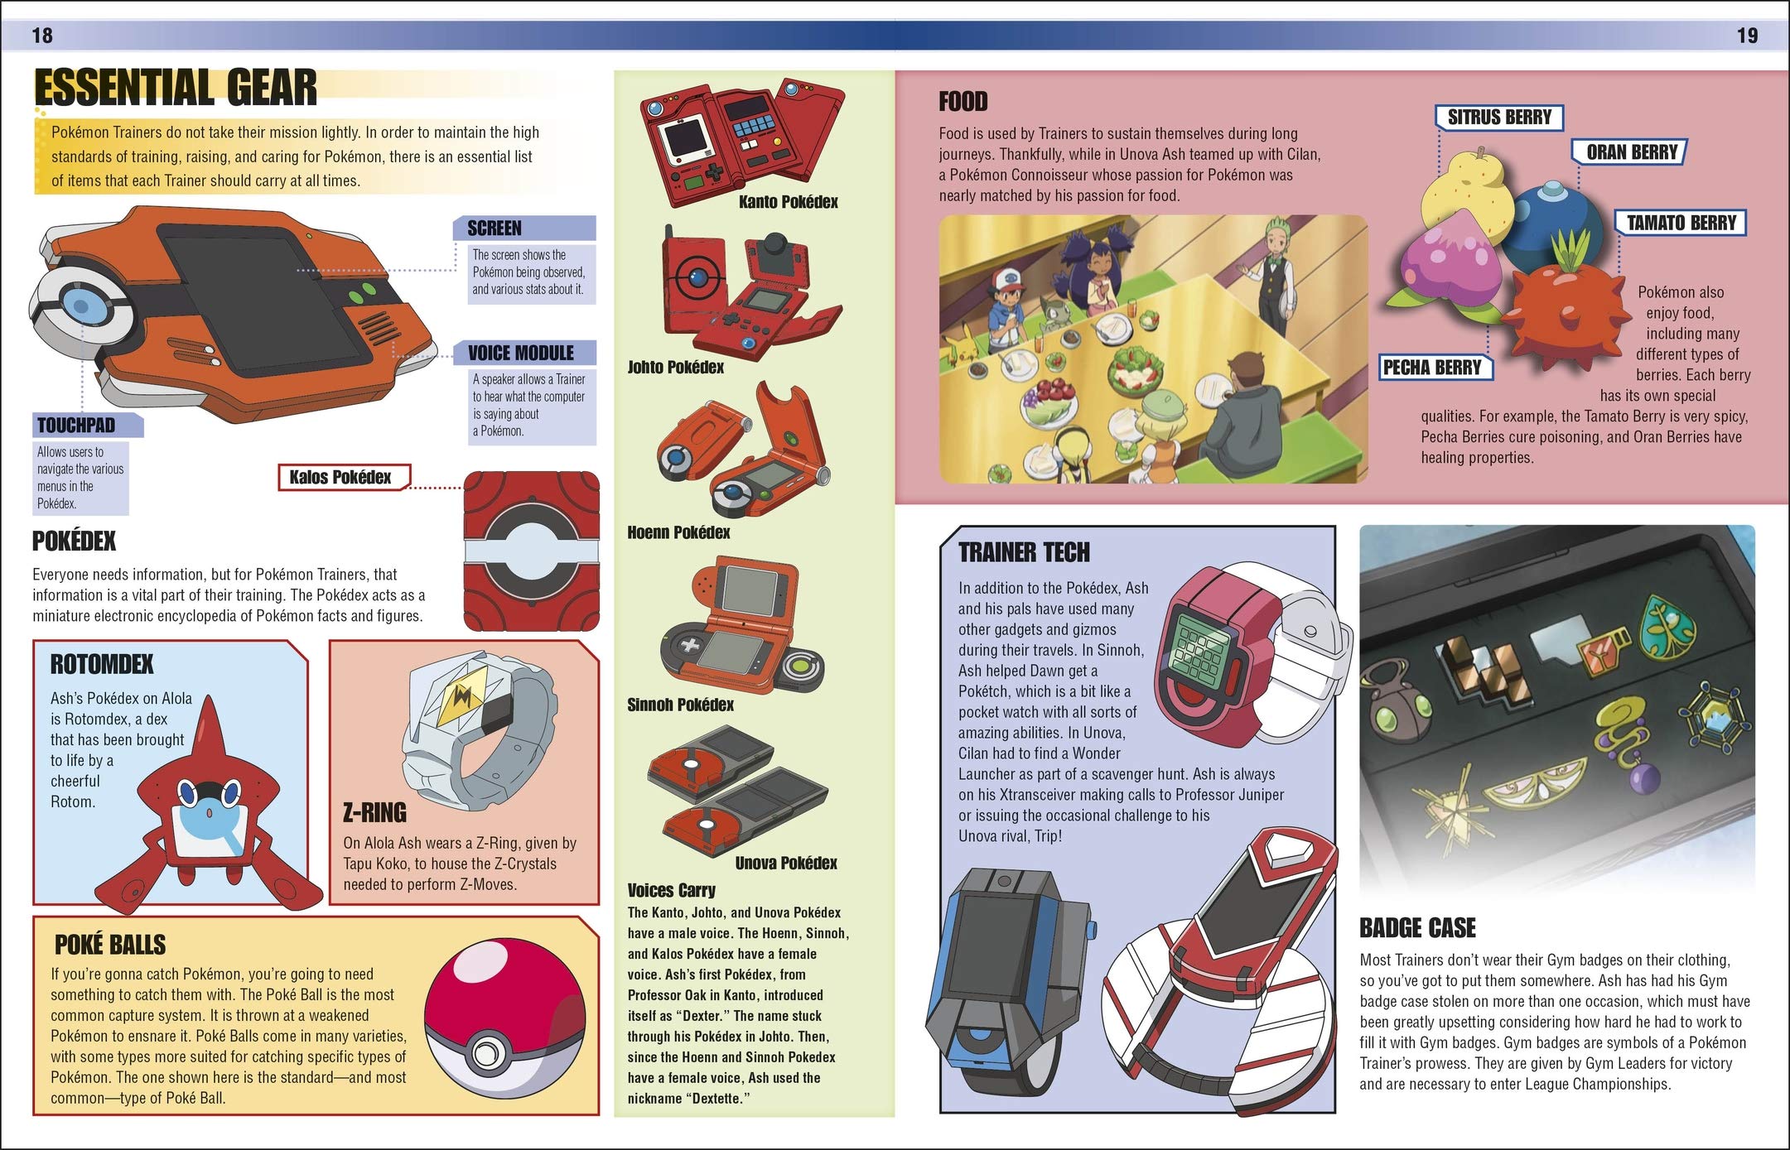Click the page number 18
[x=42, y=36]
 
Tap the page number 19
[x=1747, y=36]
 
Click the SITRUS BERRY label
[x=1498, y=118]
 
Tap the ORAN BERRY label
[x=1630, y=152]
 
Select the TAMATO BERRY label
[x=1681, y=223]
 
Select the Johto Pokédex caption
[x=675, y=367]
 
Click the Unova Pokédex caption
[x=785, y=863]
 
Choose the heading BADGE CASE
[x=1417, y=928]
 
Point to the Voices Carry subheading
[x=671, y=890]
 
